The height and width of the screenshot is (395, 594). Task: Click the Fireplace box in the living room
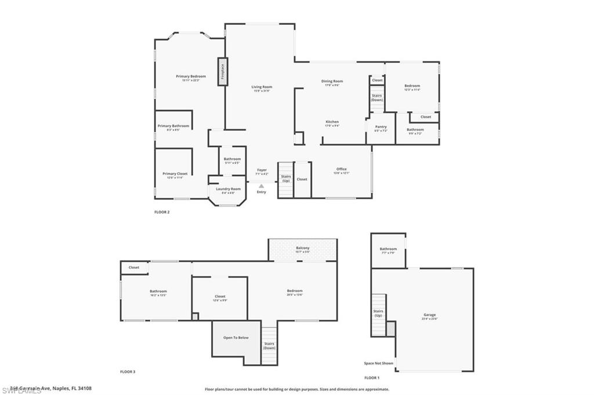coord(222,72)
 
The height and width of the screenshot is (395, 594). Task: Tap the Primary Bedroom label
coord(191,76)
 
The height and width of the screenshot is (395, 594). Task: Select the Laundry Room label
coord(228,189)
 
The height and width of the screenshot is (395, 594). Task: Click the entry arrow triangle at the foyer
coord(262,186)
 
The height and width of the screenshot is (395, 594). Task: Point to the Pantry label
coord(381,127)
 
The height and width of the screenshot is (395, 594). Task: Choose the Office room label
coord(341,169)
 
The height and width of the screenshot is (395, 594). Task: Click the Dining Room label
coord(332,81)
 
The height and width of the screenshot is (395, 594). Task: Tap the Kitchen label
coord(332,122)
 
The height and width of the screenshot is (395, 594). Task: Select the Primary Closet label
coord(175,174)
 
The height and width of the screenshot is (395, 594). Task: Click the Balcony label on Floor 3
coord(302,248)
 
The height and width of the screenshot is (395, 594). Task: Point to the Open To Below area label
coord(236,338)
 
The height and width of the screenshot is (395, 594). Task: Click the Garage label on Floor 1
coord(429,314)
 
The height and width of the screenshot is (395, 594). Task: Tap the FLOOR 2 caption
coord(162,212)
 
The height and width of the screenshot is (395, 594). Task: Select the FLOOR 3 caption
coord(128,371)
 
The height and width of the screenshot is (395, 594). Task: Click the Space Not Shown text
coord(378,363)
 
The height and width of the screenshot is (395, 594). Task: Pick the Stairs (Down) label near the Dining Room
coord(377,97)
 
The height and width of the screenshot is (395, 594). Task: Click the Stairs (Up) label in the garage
coord(378,313)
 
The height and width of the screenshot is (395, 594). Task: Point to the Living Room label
coord(262,87)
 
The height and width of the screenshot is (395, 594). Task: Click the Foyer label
coord(262,170)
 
